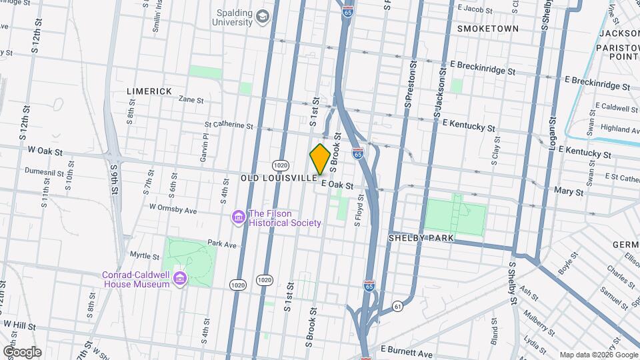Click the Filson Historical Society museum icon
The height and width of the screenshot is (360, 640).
[238, 217]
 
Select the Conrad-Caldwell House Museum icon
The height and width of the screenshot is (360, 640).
[179, 278]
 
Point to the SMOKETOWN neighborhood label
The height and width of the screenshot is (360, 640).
[488, 29]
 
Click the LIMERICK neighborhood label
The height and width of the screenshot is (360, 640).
[149, 91]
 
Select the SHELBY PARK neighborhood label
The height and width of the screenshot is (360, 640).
[421, 238]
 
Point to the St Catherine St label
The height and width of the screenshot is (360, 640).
[229, 125]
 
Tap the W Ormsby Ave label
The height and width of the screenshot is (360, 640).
[173, 209]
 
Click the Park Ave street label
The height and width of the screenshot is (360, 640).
[222, 245]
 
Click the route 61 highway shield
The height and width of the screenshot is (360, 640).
[398, 306]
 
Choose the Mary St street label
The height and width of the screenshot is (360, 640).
[569, 191]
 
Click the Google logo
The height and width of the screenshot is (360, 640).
[21, 352]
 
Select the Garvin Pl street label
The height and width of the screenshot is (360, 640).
[205, 147]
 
